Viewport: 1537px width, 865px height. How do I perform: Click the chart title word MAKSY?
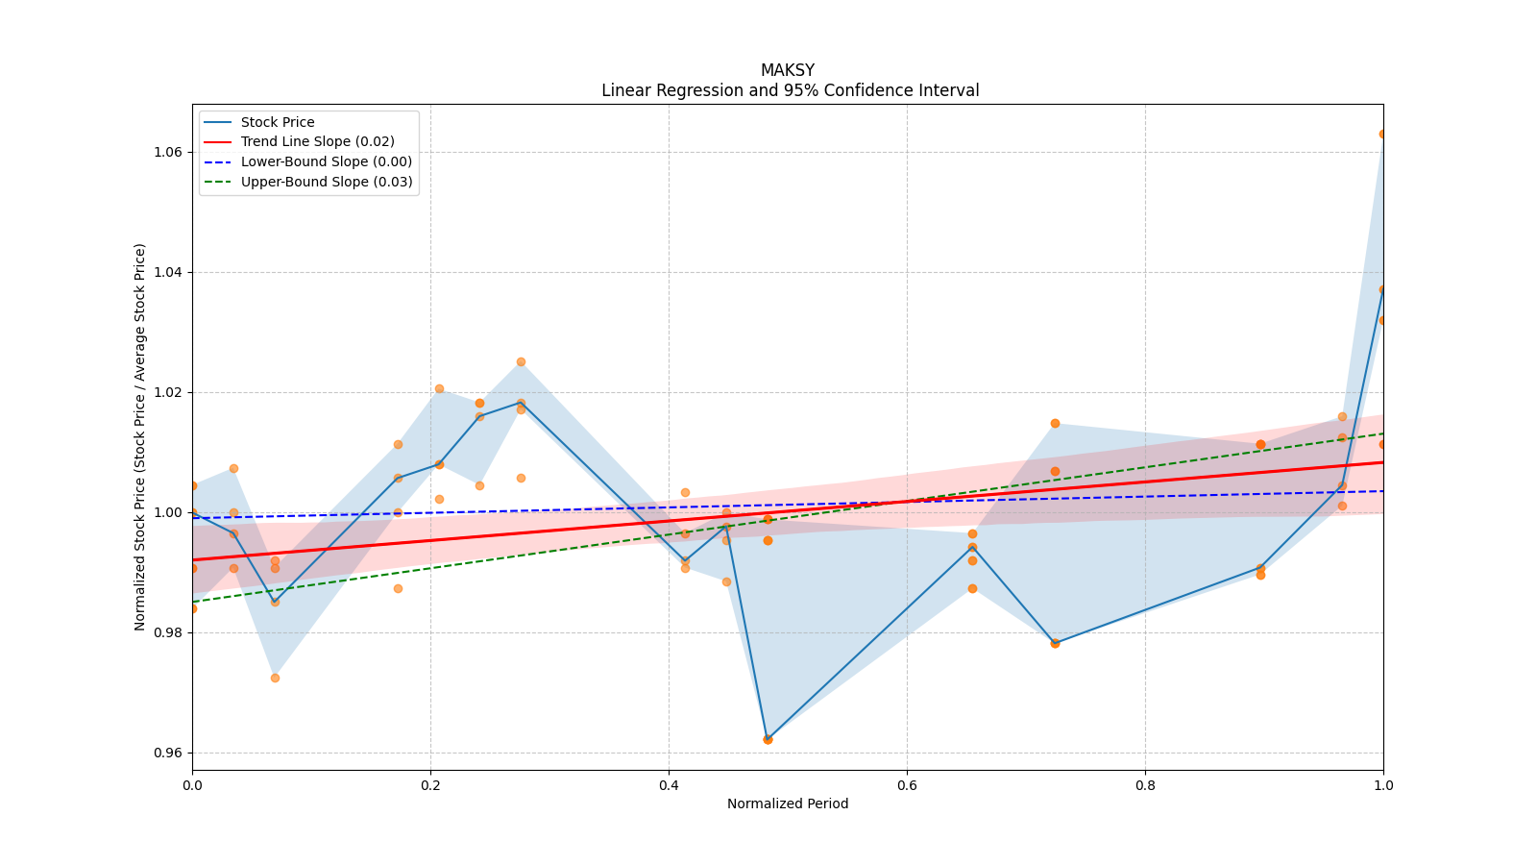click(x=787, y=70)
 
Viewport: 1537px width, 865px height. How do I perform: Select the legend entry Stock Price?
click(x=278, y=122)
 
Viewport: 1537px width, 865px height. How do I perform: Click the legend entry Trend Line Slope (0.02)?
click(x=317, y=142)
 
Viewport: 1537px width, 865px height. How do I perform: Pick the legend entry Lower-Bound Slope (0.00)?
click(x=326, y=162)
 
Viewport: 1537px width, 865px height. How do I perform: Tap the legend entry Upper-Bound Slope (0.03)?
click(x=326, y=182)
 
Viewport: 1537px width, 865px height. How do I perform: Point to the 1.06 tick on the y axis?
click(x=167, y=152)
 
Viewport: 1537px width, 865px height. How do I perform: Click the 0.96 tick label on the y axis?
click(x=167, y=753)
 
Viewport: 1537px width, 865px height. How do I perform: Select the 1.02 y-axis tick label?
click(x=167, y=392)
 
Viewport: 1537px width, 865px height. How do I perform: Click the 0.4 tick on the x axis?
click(x=669, y=785)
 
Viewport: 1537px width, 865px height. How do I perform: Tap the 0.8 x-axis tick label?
click(x=1145, y=785)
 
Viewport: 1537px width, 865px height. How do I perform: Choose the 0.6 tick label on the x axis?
click(x=907, y=785)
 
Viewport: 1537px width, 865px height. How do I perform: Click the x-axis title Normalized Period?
click(x=788, y=804)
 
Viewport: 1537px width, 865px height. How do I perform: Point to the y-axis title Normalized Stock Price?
click(x=140, y=436)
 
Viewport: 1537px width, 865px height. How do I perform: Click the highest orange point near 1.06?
click(x=1382, y=134)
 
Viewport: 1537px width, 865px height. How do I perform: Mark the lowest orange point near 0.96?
click(x=768, y=739)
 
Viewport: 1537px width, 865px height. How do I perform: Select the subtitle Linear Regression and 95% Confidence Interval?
click(x=790, y=91)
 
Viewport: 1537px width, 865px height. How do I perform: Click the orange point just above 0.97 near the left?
click(x=275, y=678)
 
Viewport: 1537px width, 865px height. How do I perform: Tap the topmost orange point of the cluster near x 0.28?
click(x=521, y=361)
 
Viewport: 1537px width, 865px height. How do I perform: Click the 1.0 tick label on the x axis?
click(x=1383, y=785)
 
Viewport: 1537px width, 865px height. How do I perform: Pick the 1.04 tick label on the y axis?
click(x=167, y=272)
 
